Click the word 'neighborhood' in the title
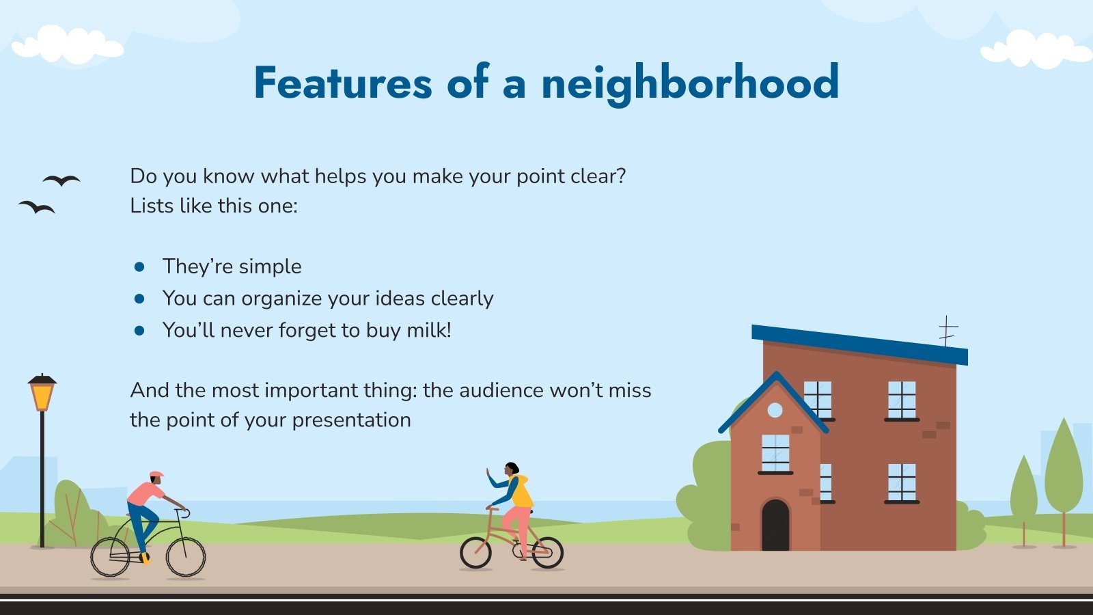pyautogui.click(x=690, y=83)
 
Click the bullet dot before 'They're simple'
pyautogui.click(x=140, y=266)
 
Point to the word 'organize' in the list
pyautogui.click(x=281, y=299)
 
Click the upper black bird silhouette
pyautogui.click(x=61, y=180)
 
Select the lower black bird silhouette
pyautogui.click(x=37, y=206)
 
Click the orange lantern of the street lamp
pyautogui.click(x=42, y=395)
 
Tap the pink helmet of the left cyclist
pyautogui.click(x=156, y=474)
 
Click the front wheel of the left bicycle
pyautogui.click(x=186, y=556)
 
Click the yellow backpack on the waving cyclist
pyautogui.click(x=522, y=492)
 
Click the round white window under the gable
pyautogui.click(x=775, y=410)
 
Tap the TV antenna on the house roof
pyautogui.click(x=947, y=331)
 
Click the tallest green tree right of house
pyautogui.click(x=1064, y=471)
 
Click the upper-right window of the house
pyautogui.click(x=902, y=400)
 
